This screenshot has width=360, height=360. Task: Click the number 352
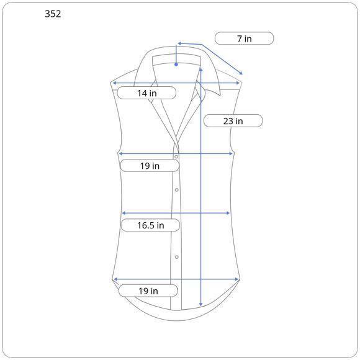pyautogui.click(x=53, y=14)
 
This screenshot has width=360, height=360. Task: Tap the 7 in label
pyautogui.click(x=245, y=38)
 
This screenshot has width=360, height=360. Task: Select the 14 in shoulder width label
pyautogui.click(x=147, y=93)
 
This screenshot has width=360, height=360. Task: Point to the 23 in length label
pyautogui.click(x=233, y=121)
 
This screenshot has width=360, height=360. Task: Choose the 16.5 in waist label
pyautogui.click(x=151, y=225)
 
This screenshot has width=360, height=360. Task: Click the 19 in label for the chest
pyautogui.click(x=150, y=166)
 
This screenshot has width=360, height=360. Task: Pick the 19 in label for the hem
pyautogui.click(x=148, y=291)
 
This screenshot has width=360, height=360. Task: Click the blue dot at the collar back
pyautogui.click(x=176, y=65)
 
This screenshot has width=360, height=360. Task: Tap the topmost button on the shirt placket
pyautogui.click(x=176, y=157)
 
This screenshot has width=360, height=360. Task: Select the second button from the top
pyautogui.click(x=176, y=190)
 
